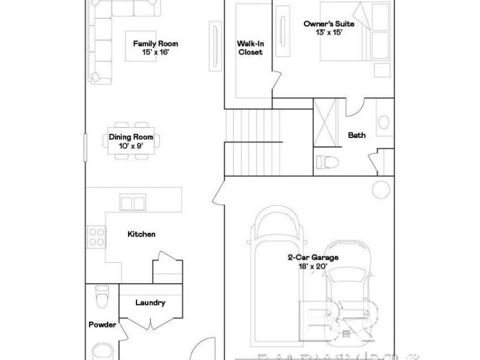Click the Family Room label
click(x=156, y=48)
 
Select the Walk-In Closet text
click(x=250, y=48)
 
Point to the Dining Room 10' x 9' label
click(x=131, y=141)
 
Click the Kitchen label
click(x=141, y=234)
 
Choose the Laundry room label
click(x=150, y=303)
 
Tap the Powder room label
click(x=102, y=324)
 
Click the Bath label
click(x=357, y=135)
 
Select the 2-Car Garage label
click(x=313, y=261)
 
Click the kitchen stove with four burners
click(x=97, y=237)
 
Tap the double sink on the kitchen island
click(x=133, y=203)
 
